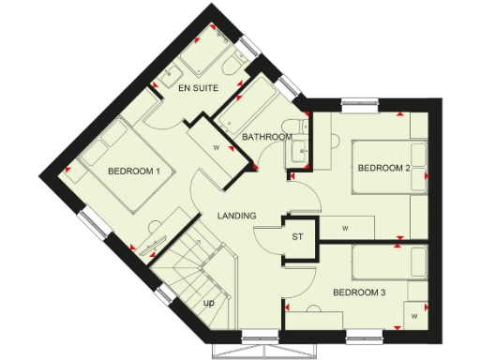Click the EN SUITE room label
pyautogui.click(x=198, y=89)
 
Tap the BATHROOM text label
pyautogui.click(x=266, y=137)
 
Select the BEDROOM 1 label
pyautogui.click(x=134, y=172)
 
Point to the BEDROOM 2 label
pyautogui.click(x=382, y=169)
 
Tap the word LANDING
pyautogui.click(x=237, y=217)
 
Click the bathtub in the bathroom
pyautogui.click(x=247, y=105)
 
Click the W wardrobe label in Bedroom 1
pyautogui.click(x=216, y=147)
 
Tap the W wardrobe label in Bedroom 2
pyautogui.click(x=344, y=228)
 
